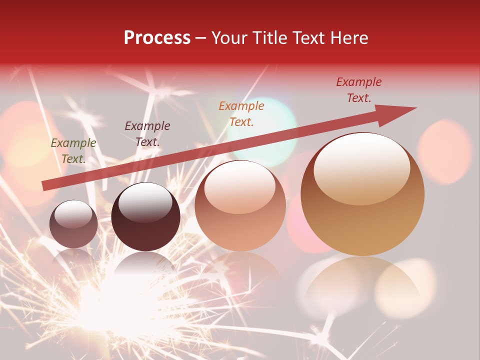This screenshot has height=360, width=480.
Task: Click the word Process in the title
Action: click(x=157, y=38)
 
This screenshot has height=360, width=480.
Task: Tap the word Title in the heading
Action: click(x=270, y=38)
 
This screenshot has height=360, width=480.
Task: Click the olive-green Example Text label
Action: click(x=73, y=151)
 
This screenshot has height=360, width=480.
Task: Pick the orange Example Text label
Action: click(x=241, y=113)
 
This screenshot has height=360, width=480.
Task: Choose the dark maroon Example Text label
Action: click(x=147, y=134)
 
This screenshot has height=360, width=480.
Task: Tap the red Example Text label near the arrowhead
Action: click(x=359, y=90)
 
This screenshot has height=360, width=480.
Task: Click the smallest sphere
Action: click(x=73, y=224)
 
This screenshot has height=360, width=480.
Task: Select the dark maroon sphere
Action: click(x=145, y=217)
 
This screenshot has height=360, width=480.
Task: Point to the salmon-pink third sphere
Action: click(x=240, y=206)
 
